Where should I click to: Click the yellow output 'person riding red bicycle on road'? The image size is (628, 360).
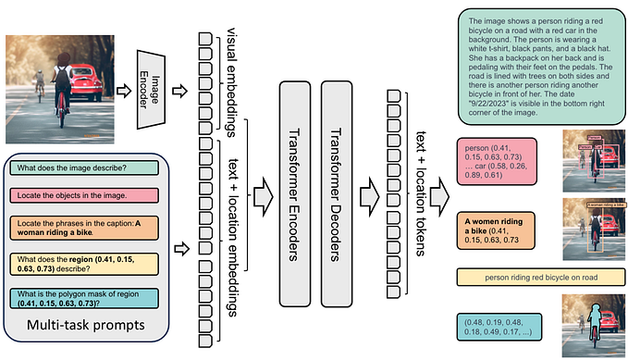(535, 276)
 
